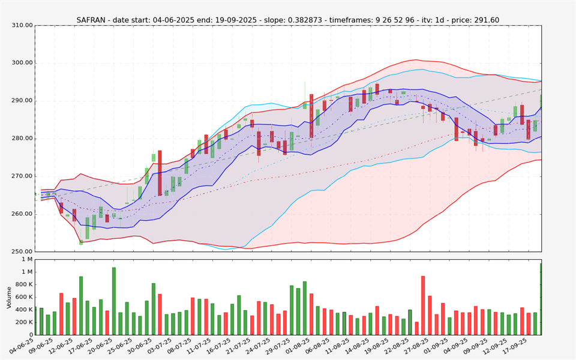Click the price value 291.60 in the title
click(x=486, y=20)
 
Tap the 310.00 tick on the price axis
click(x=22, y=25)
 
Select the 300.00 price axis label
click(x=22, y=63)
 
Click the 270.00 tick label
click(x=22, y=176)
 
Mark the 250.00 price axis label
click(x=22, y=251)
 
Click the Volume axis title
click(x=9, y=297)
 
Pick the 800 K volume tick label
click(x=23, y=284)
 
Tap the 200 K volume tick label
click(x=23, y=322)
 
